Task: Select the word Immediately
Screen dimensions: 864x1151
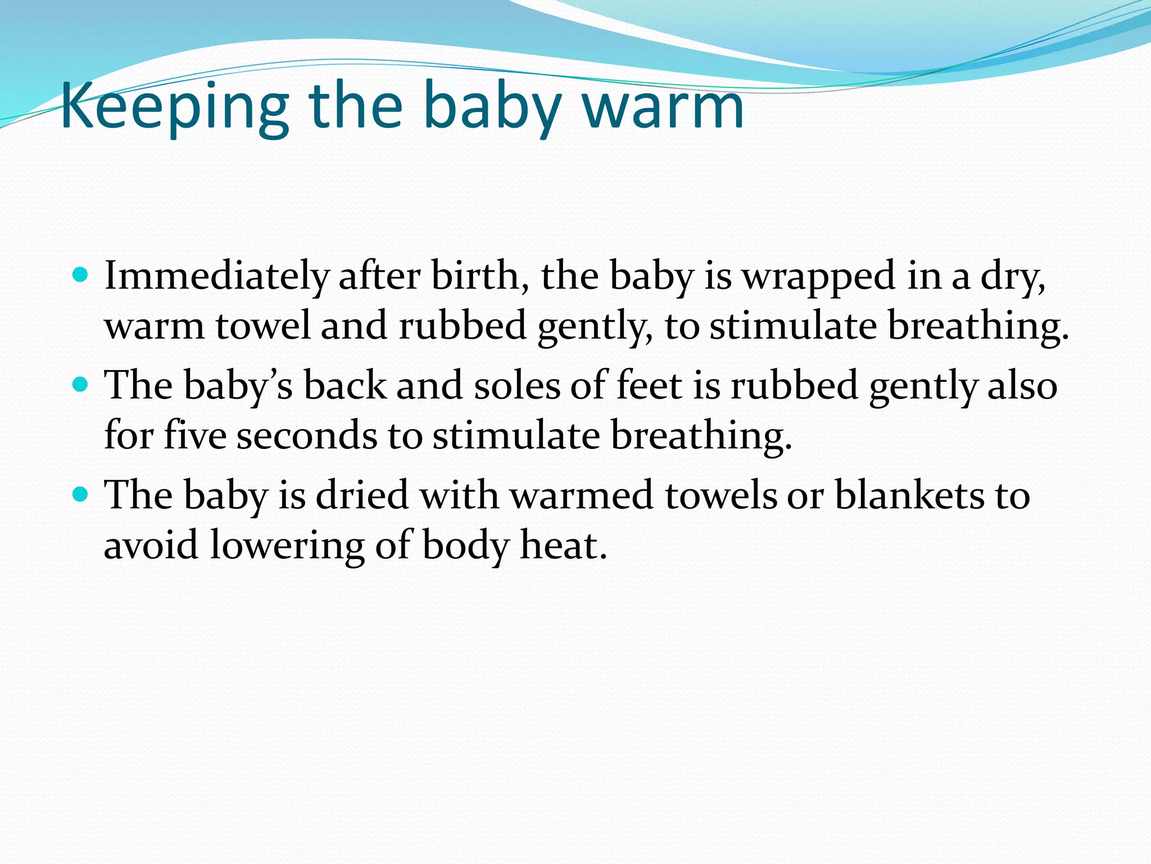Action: click(x=216, y=277)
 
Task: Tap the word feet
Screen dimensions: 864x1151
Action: click(x=649, y=386)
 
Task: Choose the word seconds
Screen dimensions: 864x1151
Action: click(x=307, y=436)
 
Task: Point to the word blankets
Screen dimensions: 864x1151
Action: click(x=909, y=496)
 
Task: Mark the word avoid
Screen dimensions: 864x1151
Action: click(x=151, y=545)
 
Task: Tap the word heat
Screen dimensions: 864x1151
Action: click(x=564, y=545)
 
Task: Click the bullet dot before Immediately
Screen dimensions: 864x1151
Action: click(x=81, y=275)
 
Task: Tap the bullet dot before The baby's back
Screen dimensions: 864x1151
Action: click(x=81, y=385)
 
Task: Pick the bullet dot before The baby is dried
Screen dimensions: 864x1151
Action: click(x=81, y=494)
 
